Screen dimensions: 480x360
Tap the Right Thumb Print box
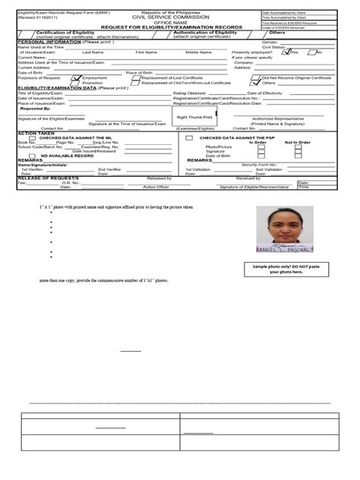pos(194,118)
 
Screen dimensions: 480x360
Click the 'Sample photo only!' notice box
pos(286,269)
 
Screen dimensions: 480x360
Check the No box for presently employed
pos(311,52)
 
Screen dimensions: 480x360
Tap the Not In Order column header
pos(297,142)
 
